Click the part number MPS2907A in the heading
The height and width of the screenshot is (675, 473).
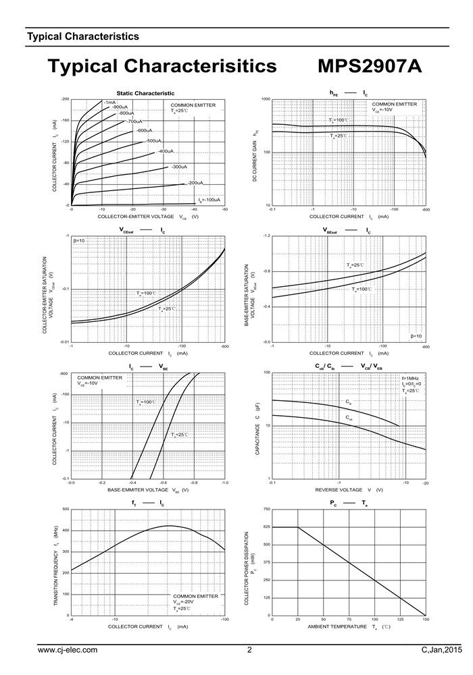369,67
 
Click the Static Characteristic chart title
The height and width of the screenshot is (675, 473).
145,92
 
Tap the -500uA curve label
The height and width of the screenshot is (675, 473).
154,140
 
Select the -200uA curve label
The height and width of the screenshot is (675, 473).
195,183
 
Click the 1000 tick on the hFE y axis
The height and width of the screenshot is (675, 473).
266,99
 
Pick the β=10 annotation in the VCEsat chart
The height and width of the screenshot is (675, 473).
78,241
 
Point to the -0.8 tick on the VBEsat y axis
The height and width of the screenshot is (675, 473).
266,271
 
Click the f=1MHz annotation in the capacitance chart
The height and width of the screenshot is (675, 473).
410,378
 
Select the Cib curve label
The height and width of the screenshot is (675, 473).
349,402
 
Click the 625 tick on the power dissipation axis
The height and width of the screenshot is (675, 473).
266,527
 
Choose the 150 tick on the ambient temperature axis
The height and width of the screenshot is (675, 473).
426,620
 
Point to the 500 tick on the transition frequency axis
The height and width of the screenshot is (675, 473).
65,509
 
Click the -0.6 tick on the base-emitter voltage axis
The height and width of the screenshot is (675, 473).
164,483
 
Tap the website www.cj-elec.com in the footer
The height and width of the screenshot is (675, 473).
68,650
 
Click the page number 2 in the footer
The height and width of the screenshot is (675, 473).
249,650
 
